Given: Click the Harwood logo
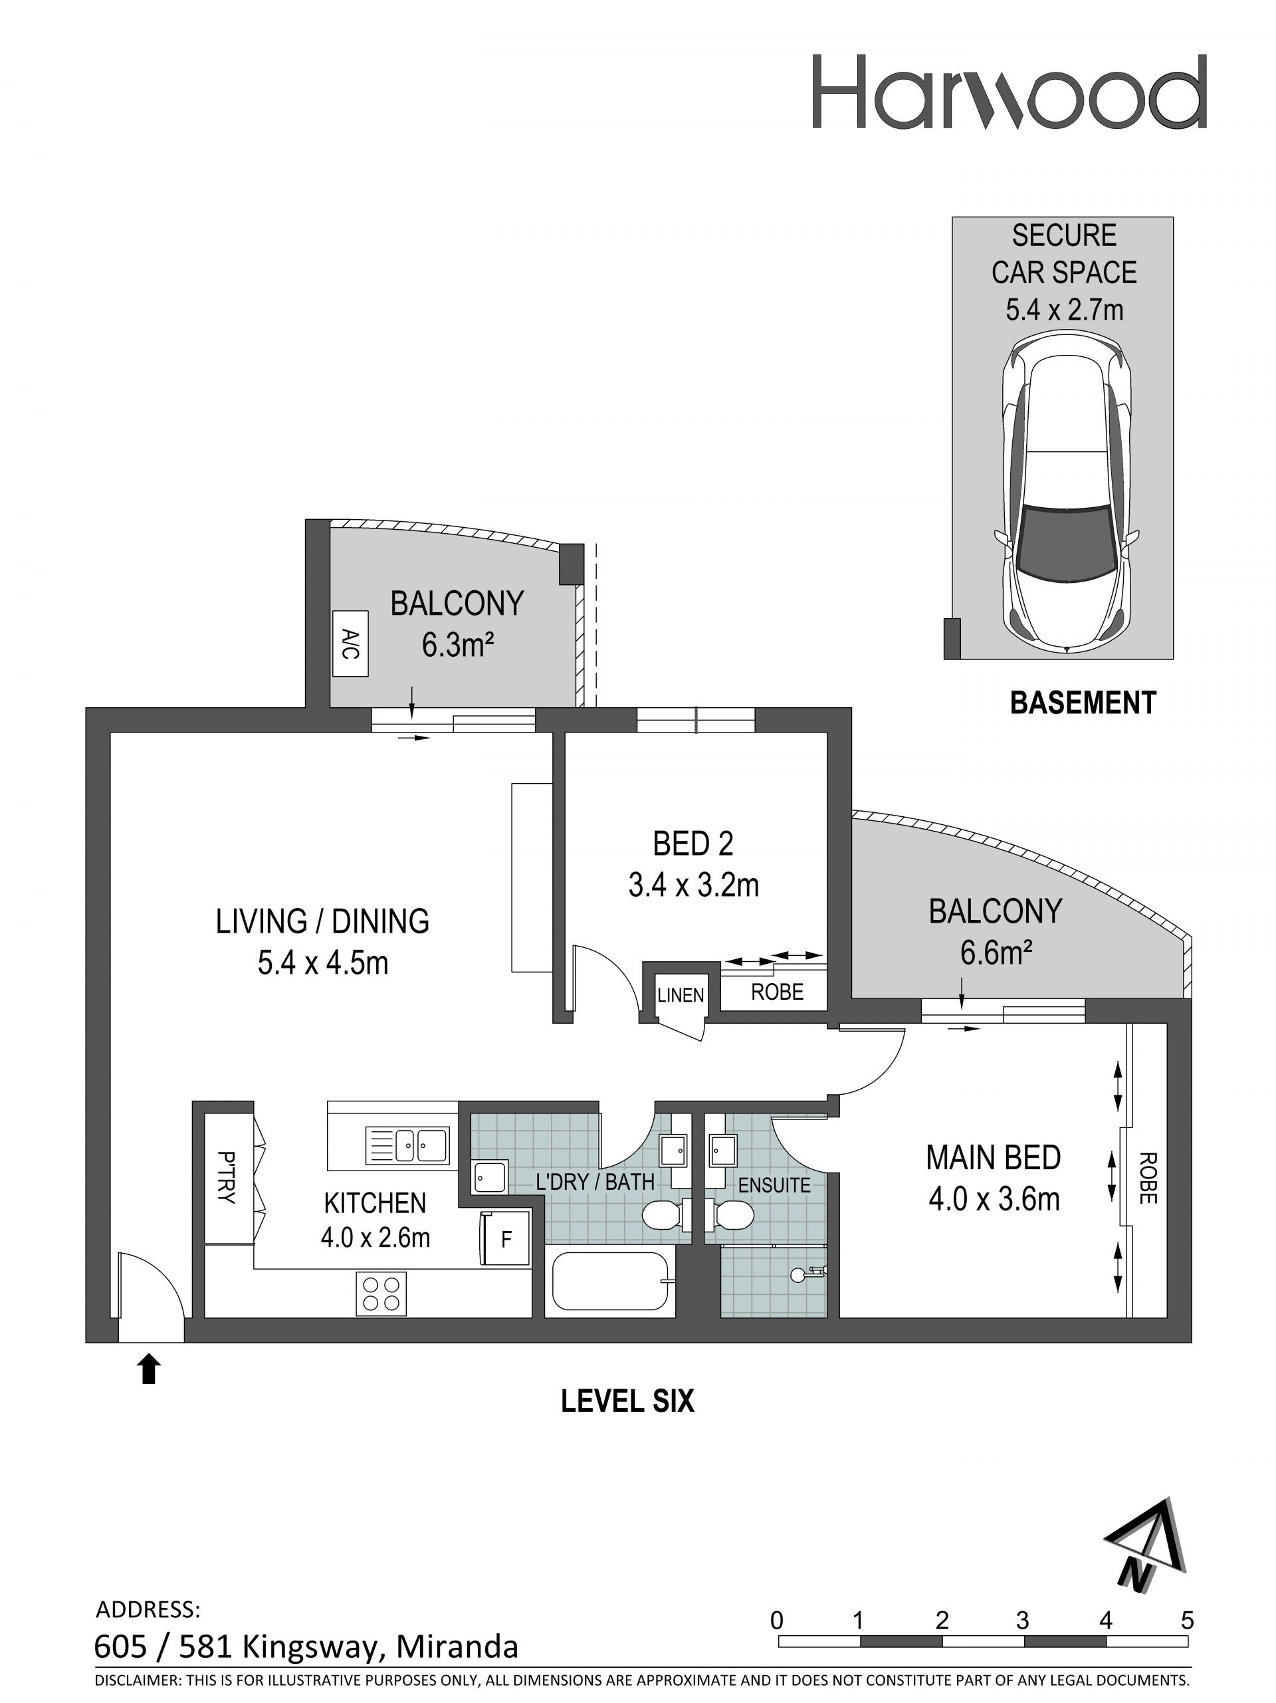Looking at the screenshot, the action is [x=1009, y=91].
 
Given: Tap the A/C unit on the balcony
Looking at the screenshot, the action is [x=350, y=643].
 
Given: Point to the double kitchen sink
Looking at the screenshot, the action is [x=408, y=1145].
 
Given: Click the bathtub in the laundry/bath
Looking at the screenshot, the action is [x=609, y=1281].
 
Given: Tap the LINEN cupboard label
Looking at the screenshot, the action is [x=681, y=996].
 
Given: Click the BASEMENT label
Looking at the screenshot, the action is [x=1083, y=703].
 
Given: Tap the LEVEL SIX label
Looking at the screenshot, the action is [x=627, y=1401].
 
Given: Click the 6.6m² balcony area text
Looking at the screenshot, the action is [x=995, y=953].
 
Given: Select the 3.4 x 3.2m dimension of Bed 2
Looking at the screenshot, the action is [x=693, y=885].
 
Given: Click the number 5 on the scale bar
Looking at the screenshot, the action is [x=1188, y=1621].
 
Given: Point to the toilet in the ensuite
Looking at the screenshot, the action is [x=727, y=1217].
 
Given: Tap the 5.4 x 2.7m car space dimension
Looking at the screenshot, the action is [x=1065, y=310].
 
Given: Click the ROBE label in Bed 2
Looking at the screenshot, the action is [x=778, y=992].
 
